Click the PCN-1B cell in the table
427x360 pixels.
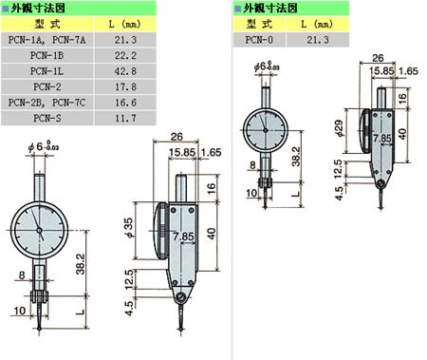tap(46, 55)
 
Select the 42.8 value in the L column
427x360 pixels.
tap(125, 71)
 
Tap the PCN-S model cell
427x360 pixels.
tap(46, 118)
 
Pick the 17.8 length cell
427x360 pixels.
tap(125, 86)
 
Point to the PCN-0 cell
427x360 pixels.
tap(259, 40)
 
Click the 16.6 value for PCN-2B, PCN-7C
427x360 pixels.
tap(125, 103)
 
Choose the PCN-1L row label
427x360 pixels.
tap(46, 71)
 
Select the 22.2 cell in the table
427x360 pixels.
tap(125, 55)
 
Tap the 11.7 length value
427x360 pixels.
tap(125, 118)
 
